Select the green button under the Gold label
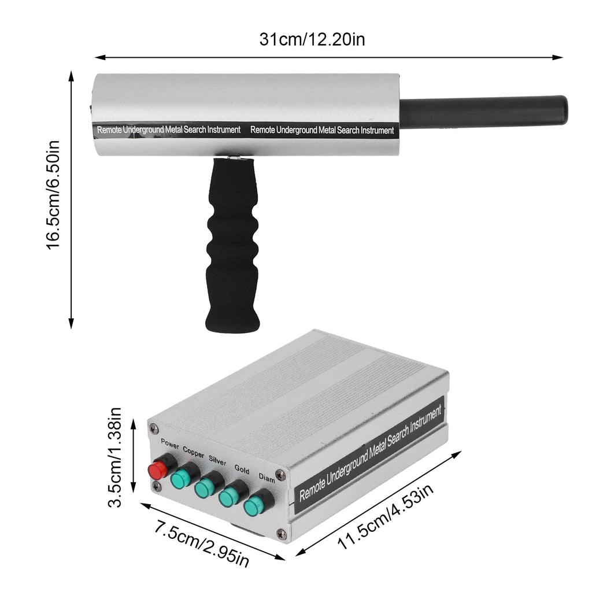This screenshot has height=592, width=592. [228, 498]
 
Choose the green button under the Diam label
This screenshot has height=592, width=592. [253, 507]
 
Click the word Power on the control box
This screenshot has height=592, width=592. [170, 444]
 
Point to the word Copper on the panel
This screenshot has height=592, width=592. [193, 452]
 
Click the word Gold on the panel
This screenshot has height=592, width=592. [242, 469]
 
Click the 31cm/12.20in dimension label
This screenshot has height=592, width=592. [312, 39]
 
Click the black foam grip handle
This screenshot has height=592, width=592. [232, 249]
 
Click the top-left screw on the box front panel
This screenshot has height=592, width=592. [153, 428]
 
